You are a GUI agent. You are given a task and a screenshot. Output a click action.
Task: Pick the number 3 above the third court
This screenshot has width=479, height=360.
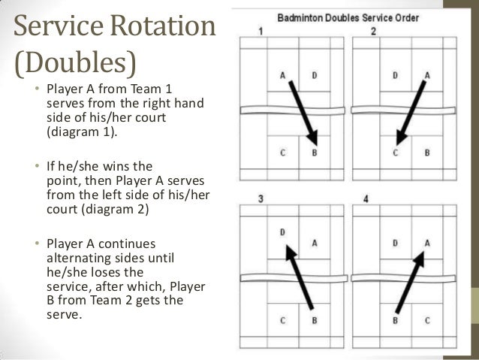point(260,198)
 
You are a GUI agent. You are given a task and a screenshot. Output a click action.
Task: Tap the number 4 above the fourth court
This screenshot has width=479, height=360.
point(365,198)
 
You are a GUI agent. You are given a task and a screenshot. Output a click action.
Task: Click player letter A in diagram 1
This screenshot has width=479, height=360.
point(283,75)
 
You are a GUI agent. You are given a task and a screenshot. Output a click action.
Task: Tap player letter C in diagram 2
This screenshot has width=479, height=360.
point(396,153)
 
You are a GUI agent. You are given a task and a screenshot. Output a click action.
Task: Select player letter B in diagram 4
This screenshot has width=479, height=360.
point(396,321)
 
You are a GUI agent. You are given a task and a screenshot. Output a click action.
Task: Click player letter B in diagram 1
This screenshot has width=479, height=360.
point(314,153)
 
